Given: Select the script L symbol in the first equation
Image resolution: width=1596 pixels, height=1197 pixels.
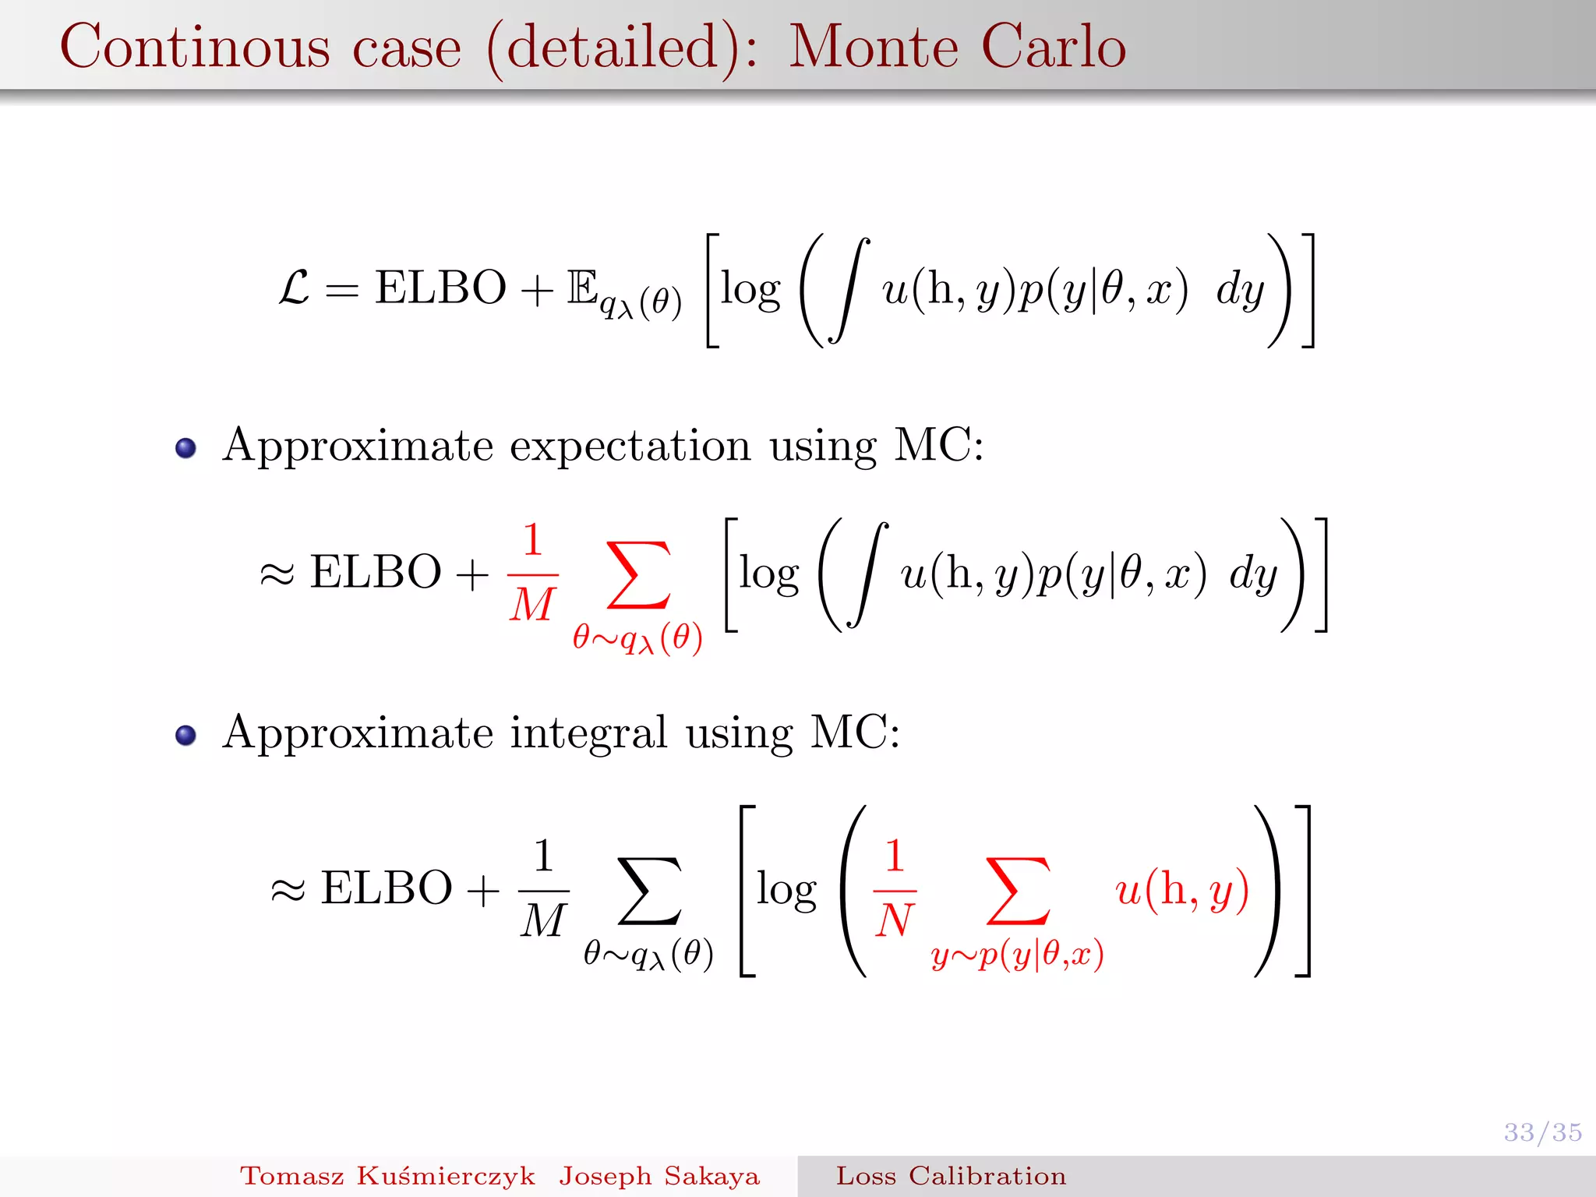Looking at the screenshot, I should tap(294, 288).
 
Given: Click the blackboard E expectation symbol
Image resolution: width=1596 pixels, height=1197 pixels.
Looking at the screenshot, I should tap(582, 288).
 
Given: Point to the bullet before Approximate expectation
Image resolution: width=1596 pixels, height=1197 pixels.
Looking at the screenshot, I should tap(185, 448).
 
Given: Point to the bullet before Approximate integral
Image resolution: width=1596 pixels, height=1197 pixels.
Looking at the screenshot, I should tap(185, 735).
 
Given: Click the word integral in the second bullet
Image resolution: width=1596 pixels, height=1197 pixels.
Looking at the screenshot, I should tap(588, 733).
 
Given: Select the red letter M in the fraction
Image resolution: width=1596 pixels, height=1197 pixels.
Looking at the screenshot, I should tap(532, 605).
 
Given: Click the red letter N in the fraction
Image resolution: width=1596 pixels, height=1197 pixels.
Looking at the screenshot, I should tap(894, 920).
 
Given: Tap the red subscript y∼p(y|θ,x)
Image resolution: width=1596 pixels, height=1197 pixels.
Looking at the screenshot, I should tap(1017, 954).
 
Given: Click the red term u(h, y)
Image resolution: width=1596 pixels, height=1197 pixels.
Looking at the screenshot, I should tap(1181, 889).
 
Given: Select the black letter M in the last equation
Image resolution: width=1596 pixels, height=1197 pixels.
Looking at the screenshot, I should tap(543, 920).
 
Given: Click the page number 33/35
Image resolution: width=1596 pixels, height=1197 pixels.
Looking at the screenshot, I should tap(1542, 1132).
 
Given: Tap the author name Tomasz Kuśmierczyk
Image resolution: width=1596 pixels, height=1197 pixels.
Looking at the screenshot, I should tap(387, 1176).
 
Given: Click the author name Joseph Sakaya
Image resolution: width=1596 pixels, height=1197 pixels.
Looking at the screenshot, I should tap(659, 1176).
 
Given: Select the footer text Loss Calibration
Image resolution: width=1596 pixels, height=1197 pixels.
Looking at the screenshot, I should tap(951, 1176).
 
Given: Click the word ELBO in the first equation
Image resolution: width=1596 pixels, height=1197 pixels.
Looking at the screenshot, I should tap(440, 288).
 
